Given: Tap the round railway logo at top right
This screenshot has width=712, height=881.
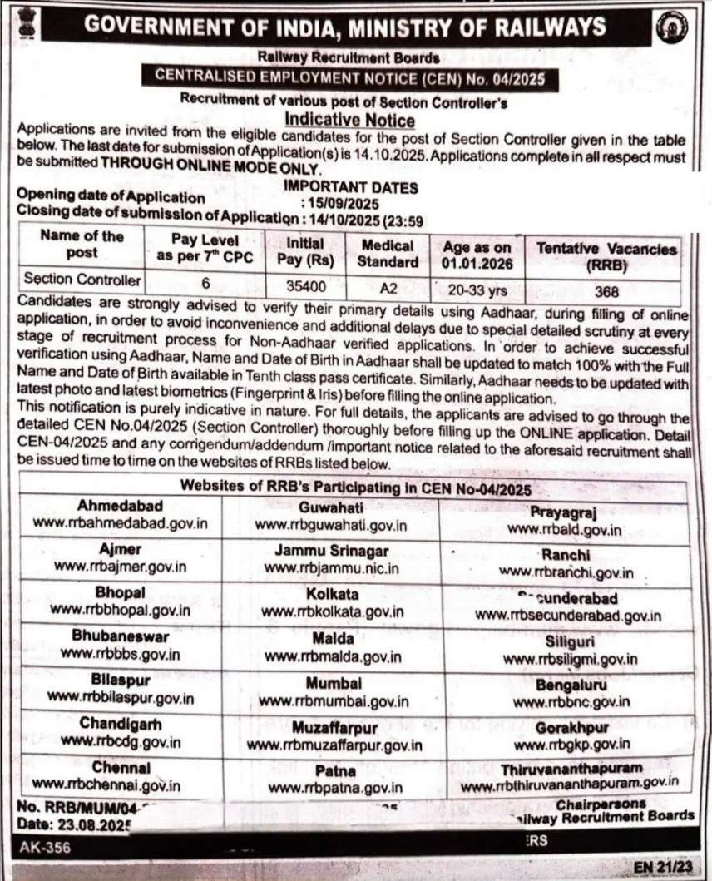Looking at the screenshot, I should [666, 28].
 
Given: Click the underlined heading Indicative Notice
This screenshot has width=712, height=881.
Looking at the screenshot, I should [349, 121].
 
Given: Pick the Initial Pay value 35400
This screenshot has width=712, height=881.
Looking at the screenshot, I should [304, 282].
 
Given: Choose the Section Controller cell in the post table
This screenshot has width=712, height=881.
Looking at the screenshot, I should [82, 280].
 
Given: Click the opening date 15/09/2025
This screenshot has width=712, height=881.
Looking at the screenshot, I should [343, 204].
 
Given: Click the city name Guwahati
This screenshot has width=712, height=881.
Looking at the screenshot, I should [330, 506].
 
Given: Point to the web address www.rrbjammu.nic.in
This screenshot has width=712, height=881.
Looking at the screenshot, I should [331, 568].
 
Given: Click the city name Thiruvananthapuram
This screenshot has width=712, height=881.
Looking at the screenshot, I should [571, 766].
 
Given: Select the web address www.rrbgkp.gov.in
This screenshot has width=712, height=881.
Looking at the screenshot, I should [571, 744].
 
